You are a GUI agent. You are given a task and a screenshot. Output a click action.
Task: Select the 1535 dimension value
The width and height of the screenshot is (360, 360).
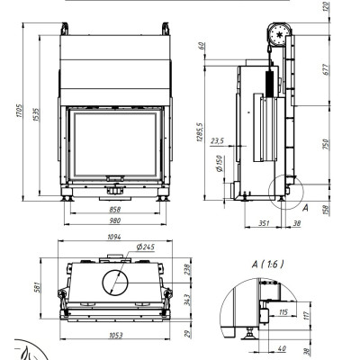(37, 115)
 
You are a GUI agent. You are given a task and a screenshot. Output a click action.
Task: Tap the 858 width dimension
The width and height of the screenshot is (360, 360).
(115, 210)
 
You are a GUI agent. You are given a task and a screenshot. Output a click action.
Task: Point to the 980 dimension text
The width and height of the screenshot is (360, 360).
(115, 220)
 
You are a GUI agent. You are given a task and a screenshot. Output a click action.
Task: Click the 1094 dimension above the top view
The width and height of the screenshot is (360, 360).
(114, 237)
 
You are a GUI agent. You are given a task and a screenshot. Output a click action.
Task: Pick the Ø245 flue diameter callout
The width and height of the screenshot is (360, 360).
(146, 247)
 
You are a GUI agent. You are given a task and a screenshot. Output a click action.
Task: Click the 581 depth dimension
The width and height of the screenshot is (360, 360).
(38, 287)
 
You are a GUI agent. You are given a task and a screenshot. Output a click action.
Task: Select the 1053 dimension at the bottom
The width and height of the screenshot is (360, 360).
(115, 335)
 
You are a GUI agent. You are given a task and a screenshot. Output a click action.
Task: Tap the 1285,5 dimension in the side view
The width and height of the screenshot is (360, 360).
(200, 132)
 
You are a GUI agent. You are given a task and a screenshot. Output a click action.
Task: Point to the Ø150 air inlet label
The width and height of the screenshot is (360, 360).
(220, 164)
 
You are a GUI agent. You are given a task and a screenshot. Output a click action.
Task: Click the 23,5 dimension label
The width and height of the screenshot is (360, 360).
(218, 141)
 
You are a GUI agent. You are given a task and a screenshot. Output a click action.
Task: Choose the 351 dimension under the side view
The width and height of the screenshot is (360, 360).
(264, 223)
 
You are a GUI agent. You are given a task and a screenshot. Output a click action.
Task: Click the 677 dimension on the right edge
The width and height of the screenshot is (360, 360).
(327, 69)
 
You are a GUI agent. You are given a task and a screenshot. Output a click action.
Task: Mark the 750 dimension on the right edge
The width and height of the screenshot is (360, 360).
(327, 145)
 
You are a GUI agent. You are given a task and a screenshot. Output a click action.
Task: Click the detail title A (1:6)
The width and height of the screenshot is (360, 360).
(267, 265)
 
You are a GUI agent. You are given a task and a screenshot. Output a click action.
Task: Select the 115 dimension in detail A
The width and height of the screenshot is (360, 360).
(283, 312)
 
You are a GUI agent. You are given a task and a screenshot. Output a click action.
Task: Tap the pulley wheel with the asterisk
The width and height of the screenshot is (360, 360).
(280, 34)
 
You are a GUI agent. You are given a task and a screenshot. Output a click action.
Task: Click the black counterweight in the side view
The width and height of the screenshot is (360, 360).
(269, 84)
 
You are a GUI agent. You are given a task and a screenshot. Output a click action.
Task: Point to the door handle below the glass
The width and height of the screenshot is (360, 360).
(115, 178)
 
